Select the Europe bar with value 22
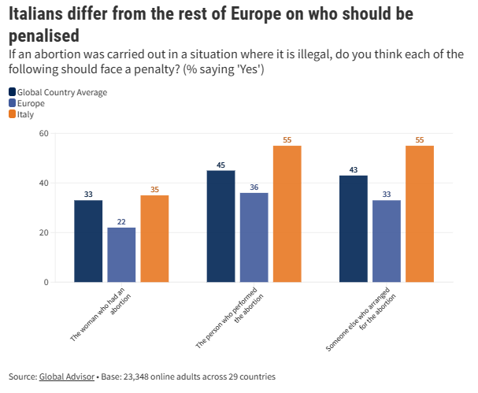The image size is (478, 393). coord(121,254)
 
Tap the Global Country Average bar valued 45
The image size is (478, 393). coord(220,226)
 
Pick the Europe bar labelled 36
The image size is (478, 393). coord(254,237)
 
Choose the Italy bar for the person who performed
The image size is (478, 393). coord(287,213)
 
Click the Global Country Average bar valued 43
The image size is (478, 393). coord(353,228)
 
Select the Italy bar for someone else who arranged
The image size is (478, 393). coord(419,213)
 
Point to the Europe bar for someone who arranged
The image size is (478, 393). coord(386,241)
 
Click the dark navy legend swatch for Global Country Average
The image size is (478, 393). coord(12,92)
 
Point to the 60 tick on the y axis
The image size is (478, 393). coord(43,133)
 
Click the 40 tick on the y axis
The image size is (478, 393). coord(43,183)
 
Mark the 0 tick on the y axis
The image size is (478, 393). coord(46,282)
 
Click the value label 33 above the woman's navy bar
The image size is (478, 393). coord(88,194)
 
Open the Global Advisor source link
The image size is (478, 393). coord(67,376)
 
